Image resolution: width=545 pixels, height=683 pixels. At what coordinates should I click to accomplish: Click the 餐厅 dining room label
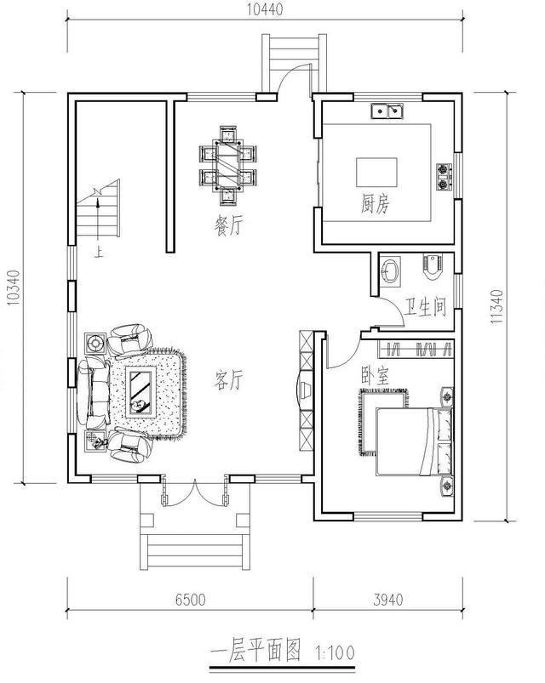click(229, 226)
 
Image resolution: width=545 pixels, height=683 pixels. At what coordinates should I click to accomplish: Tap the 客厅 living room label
click(229, 379)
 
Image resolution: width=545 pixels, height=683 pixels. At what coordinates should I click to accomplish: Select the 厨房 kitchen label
click(376, 203)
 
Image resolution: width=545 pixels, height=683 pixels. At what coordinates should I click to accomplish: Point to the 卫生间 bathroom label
click(425, 307)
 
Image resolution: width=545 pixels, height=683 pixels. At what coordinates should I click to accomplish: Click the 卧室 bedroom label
click(375, 375)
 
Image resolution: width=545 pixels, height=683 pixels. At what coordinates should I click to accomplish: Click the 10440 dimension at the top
click(265, 9)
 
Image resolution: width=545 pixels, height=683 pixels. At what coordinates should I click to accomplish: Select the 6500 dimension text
click(190, 600)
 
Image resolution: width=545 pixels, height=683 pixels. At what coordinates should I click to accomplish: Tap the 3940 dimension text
click(388, 600)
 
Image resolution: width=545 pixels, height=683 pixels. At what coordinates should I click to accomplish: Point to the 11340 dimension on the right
click(497, 306)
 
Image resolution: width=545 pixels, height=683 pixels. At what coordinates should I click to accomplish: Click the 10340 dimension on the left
click(14, 287)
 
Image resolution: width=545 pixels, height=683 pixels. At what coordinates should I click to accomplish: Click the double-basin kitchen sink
click(387, 111)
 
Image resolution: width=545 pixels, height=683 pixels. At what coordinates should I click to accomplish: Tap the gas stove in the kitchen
click(445, 176)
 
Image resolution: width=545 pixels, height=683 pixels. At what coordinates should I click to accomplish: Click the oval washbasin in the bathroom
click(391, 271)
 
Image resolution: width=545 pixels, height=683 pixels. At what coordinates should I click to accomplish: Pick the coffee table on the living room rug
click(141, 392)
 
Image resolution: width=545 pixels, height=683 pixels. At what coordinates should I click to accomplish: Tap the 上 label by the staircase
click(100, 253)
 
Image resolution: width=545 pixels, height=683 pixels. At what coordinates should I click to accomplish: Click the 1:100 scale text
click(335, 652)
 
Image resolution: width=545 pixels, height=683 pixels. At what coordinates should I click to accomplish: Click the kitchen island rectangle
click(376, 173)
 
